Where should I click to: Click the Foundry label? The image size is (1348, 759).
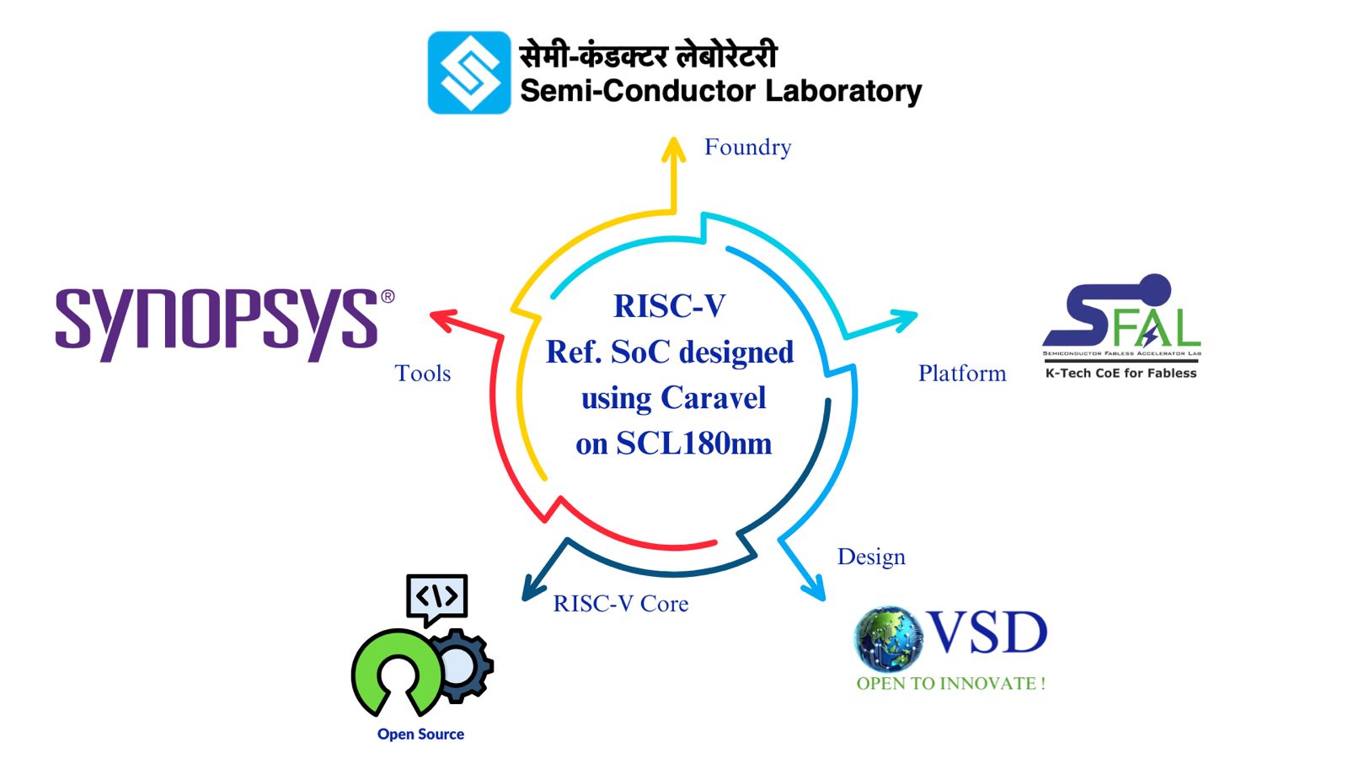click(x=747, y=148)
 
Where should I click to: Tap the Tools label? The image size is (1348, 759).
click(x=423, y=374)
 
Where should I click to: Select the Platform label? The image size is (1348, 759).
click(x=962, y=374)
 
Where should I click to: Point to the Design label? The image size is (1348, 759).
click(x=871, y=557)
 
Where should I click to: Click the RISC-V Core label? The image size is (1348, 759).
click(x=621, y=604)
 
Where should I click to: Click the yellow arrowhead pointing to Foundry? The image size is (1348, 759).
click(x=673, y=150)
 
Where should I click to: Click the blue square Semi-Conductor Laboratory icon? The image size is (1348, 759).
click(x=469, y=73)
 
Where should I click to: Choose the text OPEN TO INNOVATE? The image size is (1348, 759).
click(x=950, y=684)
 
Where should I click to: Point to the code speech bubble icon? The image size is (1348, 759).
click(x=436, y=598)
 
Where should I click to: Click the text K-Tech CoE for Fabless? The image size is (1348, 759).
click(x=1121, y=374)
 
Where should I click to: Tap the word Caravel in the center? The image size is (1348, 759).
click(x=713, y=397)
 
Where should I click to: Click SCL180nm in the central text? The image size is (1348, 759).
click(x=693, y=444)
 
